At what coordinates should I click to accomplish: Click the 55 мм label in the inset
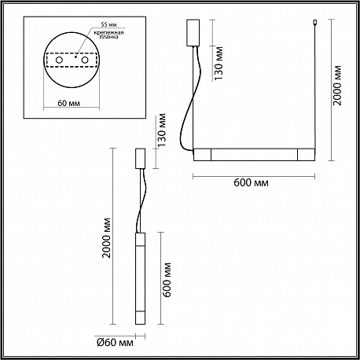coord(108,24)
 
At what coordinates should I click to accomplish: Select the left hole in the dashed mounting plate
coord(59,61)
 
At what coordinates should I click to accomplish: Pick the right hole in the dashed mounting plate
coord(84,61)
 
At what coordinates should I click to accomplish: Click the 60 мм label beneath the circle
coord(69,103)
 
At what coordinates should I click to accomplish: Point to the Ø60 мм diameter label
coord(115,343)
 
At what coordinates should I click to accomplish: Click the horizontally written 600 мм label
coord(251,182)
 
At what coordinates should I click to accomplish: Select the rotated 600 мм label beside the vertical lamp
coord(167,280)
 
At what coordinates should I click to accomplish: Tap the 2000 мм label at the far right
coord(337,85)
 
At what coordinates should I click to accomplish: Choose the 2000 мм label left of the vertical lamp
coord(106,237)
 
